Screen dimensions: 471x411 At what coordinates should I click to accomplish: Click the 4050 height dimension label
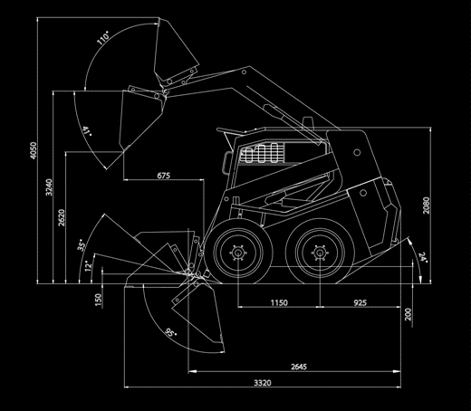pos(34,150)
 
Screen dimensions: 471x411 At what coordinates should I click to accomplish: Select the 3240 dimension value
pos(49,187)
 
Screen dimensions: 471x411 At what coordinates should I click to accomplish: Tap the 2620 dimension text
pos(62,217)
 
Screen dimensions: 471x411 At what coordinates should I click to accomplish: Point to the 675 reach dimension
pos(164,176)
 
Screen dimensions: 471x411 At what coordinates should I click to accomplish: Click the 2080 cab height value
pos(426,205)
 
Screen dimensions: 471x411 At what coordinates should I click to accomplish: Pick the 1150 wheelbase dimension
pos(279,302)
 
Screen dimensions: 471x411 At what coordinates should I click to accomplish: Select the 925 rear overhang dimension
pos(360,302)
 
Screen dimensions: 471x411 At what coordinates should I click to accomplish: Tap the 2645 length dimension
pos(299,367)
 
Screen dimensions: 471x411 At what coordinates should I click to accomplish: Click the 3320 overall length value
pos(263,383)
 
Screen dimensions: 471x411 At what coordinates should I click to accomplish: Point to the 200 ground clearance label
pos(408,314)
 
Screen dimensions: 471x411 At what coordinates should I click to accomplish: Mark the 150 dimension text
pos(99,300)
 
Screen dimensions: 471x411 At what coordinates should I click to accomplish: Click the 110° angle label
pos(103,37)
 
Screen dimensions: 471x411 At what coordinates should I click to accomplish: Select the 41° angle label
pos(87,131)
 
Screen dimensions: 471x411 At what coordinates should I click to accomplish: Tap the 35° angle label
pos(82,245)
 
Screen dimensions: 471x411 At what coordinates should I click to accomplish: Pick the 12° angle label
pos(88,266)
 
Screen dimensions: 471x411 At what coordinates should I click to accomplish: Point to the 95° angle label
pos(170,332)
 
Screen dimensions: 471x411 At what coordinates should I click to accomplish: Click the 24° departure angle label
pos(423,257)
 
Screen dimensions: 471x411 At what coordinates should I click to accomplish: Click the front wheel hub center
pos(238,253)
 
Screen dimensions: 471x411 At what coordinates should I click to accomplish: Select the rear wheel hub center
pos(320,253)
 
